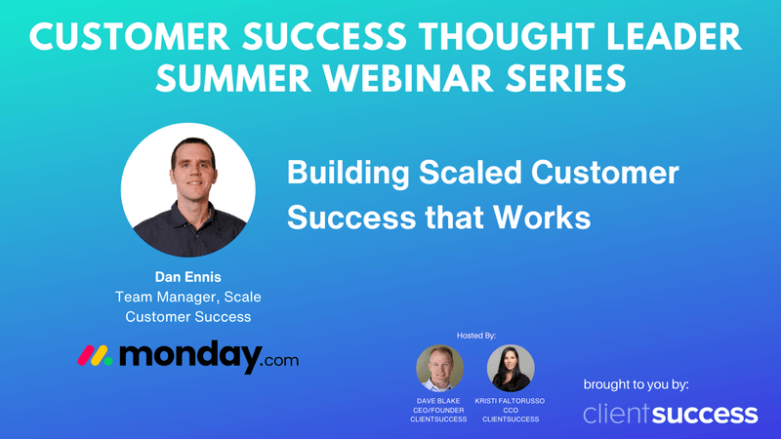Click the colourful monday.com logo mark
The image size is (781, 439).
(96, 357)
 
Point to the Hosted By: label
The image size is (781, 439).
(476, 335)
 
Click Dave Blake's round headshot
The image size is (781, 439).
(440, 369)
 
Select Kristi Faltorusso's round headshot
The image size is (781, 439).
(511, 369)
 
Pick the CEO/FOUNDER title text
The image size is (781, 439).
(440, 411)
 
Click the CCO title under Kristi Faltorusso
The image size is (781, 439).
(511, 411)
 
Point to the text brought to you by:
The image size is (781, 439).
(636, 382)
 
